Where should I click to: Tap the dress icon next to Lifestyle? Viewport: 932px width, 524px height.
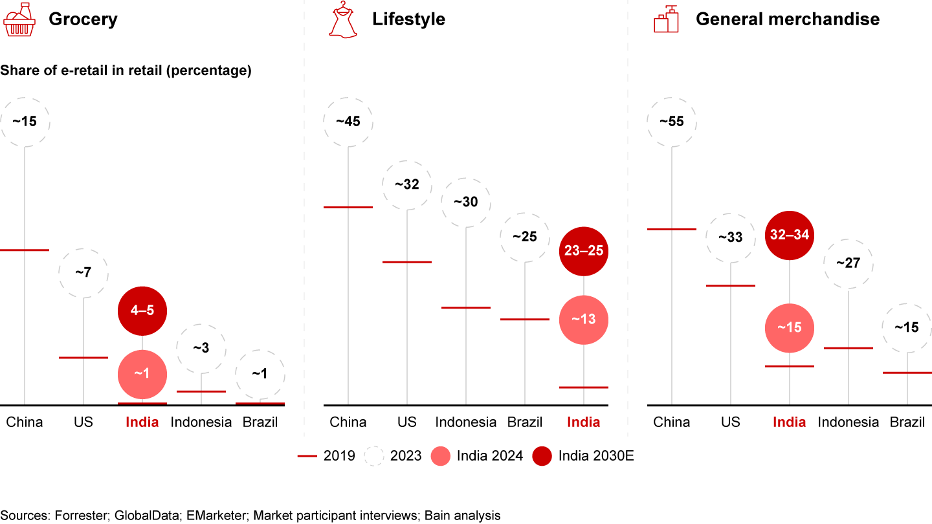343,20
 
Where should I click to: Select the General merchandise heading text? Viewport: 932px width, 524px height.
787,19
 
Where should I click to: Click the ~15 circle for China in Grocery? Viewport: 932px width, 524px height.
25,122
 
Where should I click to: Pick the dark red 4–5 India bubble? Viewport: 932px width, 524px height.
142,311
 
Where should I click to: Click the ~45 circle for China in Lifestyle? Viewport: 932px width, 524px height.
348,122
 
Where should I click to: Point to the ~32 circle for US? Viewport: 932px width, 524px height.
407,184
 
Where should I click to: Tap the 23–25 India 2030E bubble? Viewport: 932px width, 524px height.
584,251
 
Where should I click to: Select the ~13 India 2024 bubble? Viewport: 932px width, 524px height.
584,320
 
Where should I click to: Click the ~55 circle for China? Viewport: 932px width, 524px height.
672,122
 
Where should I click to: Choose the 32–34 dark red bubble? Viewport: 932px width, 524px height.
790,235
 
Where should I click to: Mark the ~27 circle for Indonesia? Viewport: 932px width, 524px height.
848,264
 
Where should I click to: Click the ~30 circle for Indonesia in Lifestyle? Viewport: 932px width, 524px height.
466,202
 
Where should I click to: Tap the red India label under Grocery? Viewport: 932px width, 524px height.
142,422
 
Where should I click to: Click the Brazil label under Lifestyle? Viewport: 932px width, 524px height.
525,422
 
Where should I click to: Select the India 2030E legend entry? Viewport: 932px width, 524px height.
582,456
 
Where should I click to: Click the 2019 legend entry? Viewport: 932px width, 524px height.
327,456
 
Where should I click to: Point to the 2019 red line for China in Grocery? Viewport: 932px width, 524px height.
25,250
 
